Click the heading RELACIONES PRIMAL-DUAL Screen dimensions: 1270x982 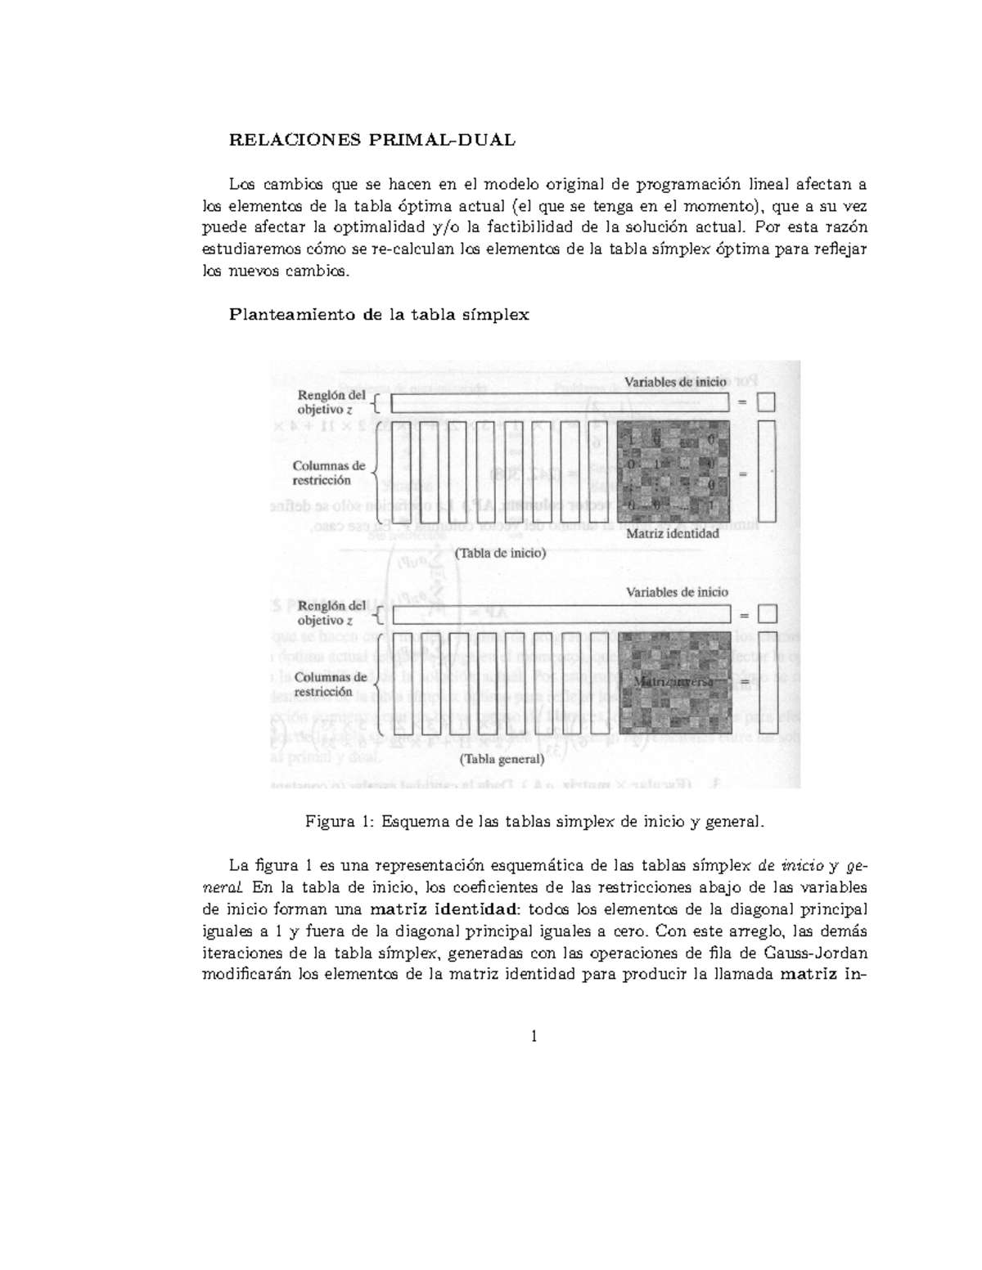372,140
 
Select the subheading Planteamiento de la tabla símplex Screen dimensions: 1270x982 379,314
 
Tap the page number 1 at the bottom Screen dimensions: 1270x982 534,1037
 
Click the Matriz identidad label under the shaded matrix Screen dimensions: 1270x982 672,533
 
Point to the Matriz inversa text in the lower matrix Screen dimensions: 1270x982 673,680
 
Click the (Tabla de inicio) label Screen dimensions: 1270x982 500,553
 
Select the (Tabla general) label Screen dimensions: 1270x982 502,758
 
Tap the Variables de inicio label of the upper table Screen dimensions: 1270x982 676,382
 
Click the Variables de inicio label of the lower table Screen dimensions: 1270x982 677,592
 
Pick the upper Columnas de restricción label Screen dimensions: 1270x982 329,473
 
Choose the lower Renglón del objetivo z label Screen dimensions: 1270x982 331,613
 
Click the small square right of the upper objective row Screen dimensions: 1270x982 766,402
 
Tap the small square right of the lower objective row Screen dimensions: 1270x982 767,614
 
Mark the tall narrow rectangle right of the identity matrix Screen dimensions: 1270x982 767,473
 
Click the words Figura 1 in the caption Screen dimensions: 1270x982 336,821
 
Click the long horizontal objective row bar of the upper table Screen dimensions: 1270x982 560,402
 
